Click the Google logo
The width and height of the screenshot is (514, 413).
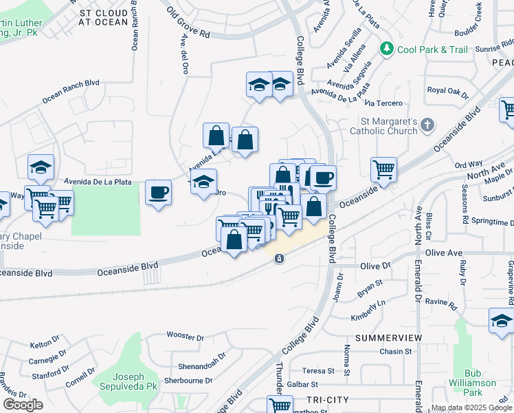pos(22,405)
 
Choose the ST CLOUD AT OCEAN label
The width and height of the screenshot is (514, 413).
pos(104,17)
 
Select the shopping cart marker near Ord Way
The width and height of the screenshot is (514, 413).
pos(383,169)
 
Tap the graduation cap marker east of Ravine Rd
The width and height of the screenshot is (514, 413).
pos(501,320)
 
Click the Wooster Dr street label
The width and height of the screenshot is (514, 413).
pos(186,337)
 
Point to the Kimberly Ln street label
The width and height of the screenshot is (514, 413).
pos(368,313)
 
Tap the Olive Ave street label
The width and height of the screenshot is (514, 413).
pos(444,253)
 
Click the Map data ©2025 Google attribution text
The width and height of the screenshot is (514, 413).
pos(471,407)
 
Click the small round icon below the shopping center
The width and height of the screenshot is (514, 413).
pos(279,259)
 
